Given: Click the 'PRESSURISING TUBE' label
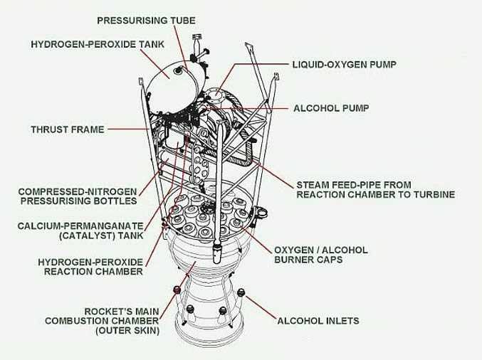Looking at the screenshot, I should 145,21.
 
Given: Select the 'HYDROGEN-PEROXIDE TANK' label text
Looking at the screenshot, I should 98,44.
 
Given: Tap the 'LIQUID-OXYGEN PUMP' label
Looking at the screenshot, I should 344,65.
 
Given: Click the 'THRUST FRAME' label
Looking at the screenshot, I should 68,129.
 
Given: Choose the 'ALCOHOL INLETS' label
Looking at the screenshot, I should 317,321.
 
